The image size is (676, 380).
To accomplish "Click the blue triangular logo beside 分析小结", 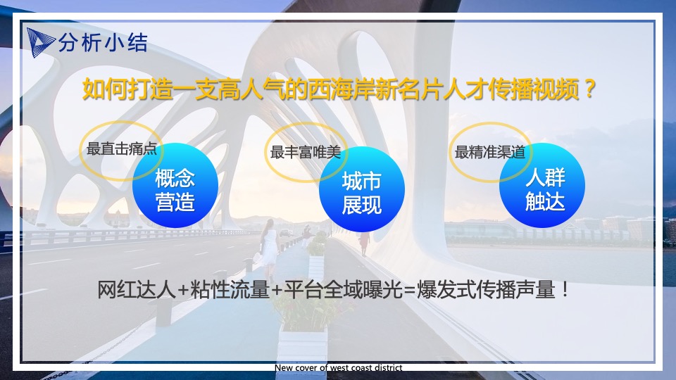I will pos(41,42).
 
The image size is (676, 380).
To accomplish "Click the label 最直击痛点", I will pos(121,149).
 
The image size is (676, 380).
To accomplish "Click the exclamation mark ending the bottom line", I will pos(565,290).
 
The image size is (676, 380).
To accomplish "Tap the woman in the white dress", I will pos(269,243).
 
